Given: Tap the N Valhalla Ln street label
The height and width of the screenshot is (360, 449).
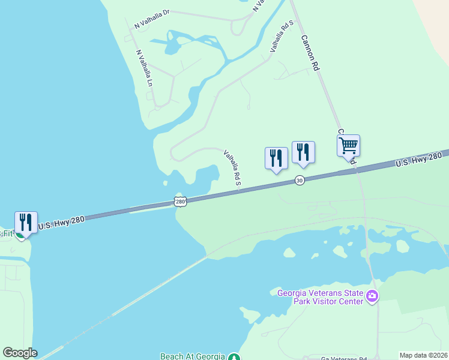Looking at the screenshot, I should [x=144, y=67].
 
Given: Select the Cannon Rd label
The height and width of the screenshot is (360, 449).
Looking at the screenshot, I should [x=310, y=53].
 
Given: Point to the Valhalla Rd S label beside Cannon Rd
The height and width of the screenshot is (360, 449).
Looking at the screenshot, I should [x=282, y=35].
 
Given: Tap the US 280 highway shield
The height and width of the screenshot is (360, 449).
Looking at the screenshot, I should [x=180, y=200].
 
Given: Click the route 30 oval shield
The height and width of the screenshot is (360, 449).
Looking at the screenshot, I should [x=300, y=180].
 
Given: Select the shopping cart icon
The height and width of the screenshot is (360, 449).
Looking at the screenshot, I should [x=348, y=146].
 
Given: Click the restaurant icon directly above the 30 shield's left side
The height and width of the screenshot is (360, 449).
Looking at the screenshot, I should [x=276, y=158].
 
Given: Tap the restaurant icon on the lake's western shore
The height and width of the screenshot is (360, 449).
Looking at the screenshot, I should [x=26, y=223].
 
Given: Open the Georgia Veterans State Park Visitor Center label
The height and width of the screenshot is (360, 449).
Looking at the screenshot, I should [x=321, y=297].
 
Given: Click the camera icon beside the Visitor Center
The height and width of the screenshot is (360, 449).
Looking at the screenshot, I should [x=372, y=296].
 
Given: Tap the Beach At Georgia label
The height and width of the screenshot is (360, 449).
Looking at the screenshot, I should [x=192, y=356].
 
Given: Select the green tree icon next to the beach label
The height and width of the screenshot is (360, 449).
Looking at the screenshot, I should [x=235, y=357].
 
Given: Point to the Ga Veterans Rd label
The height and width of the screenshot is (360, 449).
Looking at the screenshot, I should [x=343, y=356].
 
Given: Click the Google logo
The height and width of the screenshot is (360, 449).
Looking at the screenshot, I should [x=19, y=353].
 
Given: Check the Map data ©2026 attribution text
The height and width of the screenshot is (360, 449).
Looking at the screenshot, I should [x=423, y=355].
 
